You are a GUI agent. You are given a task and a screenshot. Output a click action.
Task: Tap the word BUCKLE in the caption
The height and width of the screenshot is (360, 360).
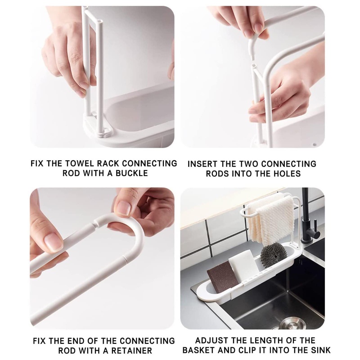(132, 173)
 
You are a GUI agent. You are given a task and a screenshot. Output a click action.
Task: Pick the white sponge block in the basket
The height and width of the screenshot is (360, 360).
(243, 266)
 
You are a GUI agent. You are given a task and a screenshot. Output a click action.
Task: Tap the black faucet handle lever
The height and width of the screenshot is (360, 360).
(315, 227)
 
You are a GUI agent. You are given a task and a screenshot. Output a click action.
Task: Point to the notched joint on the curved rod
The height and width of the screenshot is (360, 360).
(96, 222)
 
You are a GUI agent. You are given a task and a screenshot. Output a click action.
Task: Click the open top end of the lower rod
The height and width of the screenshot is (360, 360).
(253, 66)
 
